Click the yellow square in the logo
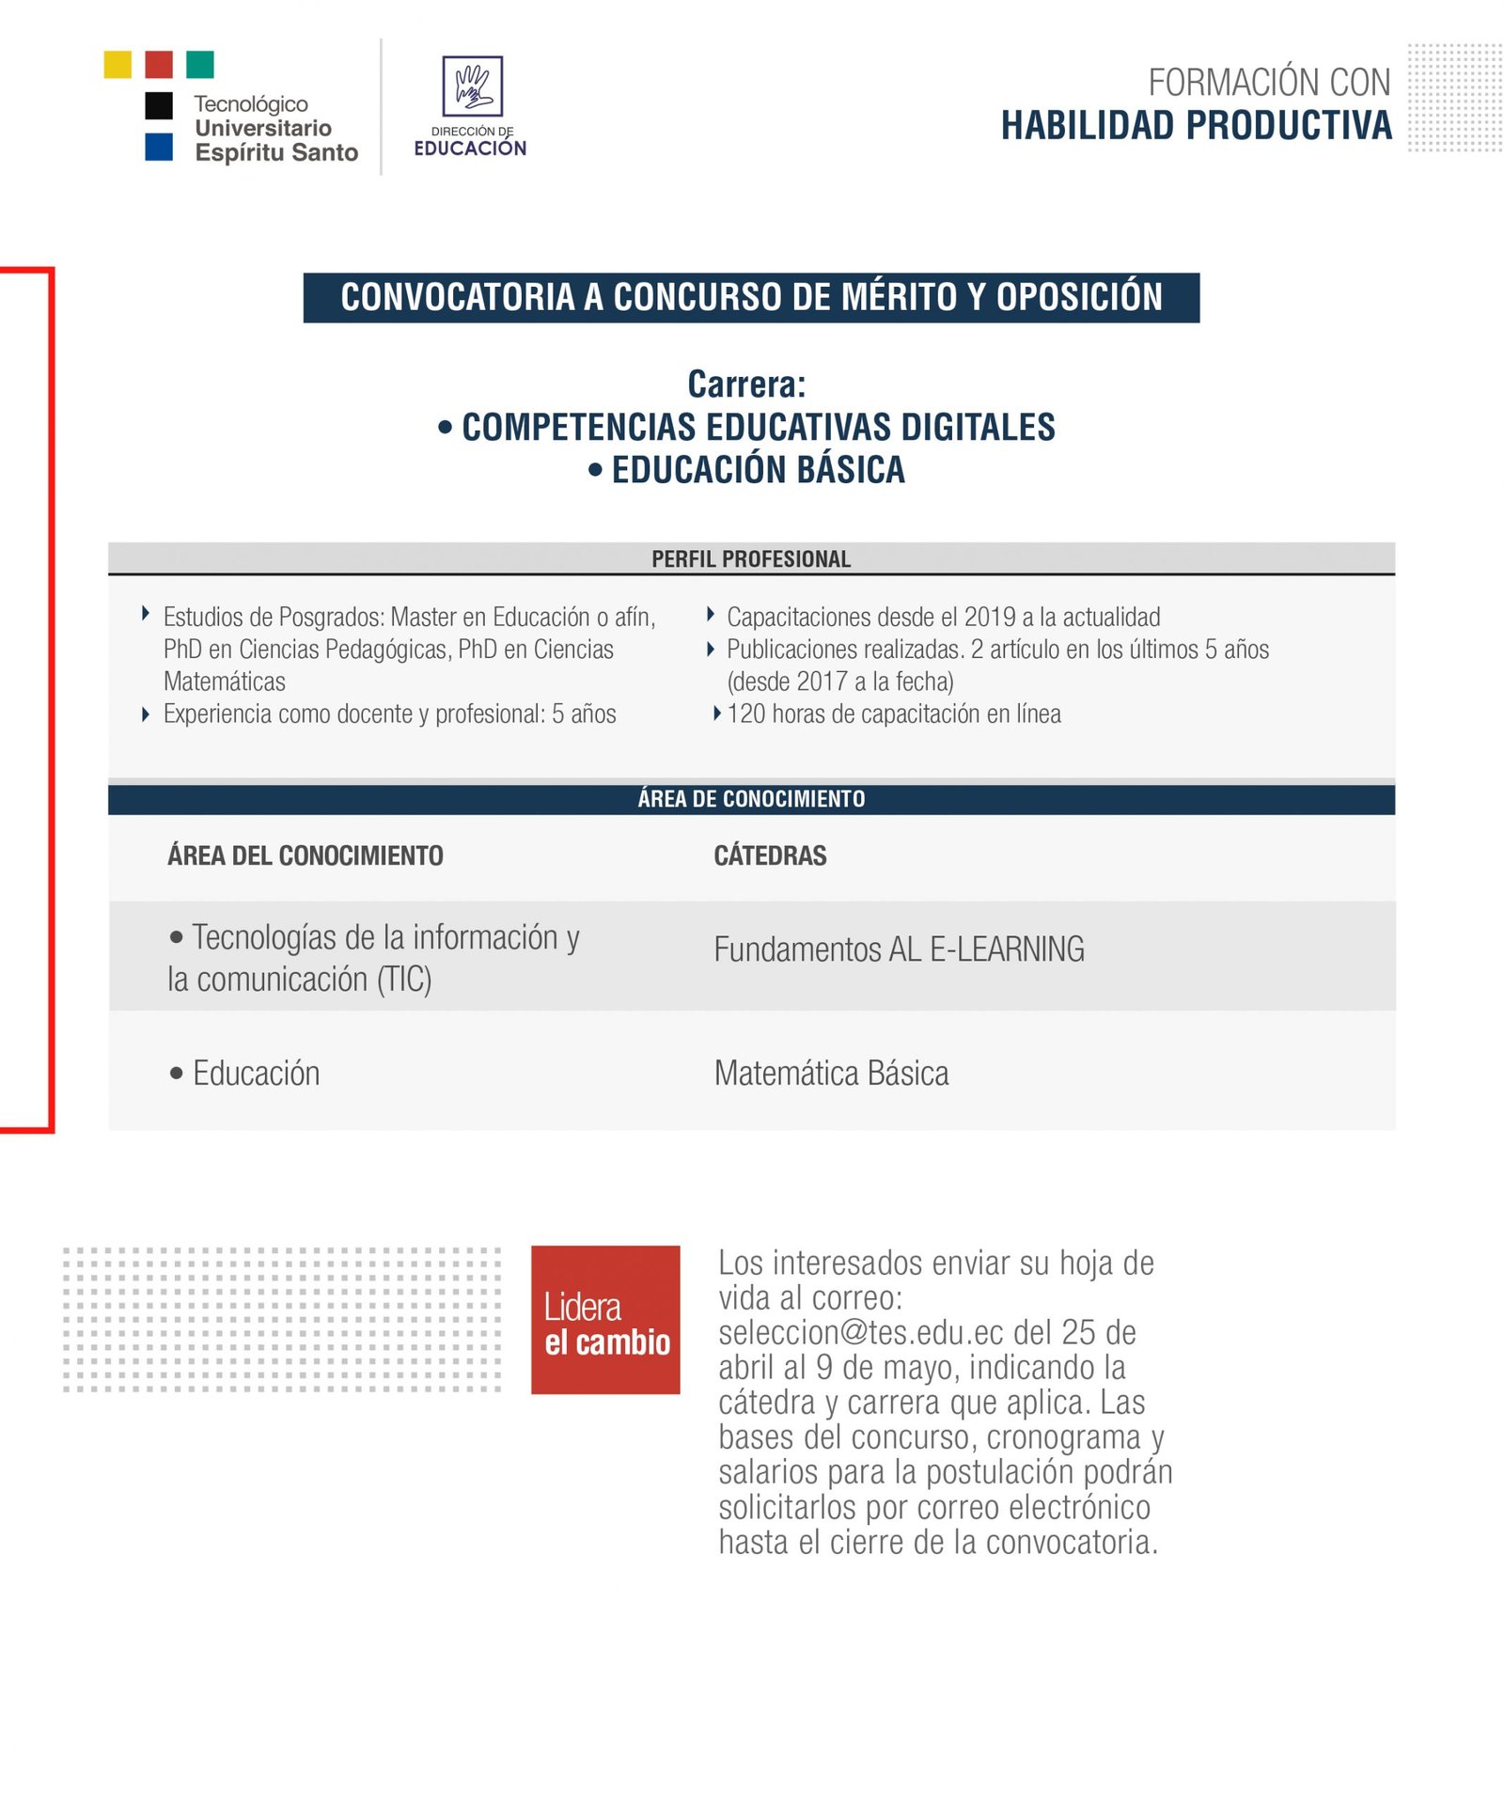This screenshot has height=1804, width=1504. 117,65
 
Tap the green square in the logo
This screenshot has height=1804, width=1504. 200,65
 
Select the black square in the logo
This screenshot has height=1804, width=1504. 159,105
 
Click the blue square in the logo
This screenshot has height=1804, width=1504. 159,148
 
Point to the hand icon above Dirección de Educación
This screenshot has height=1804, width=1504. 473,86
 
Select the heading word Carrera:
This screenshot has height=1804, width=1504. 746,384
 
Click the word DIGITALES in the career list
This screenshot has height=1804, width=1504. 978,428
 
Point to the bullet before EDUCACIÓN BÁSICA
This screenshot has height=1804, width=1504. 595,469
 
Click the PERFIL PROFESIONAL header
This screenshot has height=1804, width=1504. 751,559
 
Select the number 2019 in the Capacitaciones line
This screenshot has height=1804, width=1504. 990,618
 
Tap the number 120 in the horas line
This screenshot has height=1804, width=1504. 746,714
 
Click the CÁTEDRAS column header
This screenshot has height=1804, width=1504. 770,855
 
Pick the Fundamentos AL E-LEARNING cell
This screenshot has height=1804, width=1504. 899,949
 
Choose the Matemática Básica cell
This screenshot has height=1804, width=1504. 831,1074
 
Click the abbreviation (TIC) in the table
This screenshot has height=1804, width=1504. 404,980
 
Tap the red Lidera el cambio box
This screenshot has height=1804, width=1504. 605,1319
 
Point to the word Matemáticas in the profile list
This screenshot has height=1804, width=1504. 225,682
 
